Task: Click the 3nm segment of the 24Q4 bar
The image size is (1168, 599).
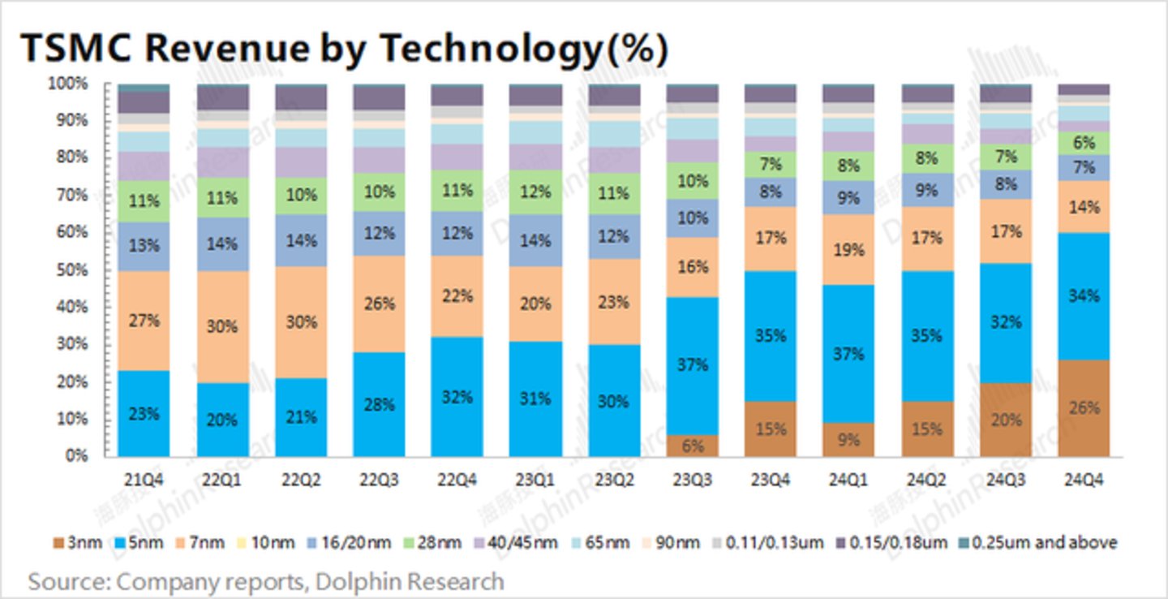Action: (1084, 407)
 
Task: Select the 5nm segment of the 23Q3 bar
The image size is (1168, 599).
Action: (692, 365)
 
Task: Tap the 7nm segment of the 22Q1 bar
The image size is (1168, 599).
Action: (221, 326)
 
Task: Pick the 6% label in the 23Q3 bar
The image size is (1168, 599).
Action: (692, 445)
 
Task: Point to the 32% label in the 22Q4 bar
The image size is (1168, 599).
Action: (457, 397)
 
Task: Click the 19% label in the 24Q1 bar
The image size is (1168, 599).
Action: (848, 249)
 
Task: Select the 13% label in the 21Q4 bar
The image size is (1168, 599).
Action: (144, 245)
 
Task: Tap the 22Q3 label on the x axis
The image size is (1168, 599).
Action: (378, 480)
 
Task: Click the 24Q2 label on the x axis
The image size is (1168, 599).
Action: (926, 480)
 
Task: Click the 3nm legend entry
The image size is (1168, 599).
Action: (79, 542)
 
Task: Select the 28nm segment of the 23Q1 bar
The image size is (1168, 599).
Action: (535, 192)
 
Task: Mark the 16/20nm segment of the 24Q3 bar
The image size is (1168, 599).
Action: (1005, 184)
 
